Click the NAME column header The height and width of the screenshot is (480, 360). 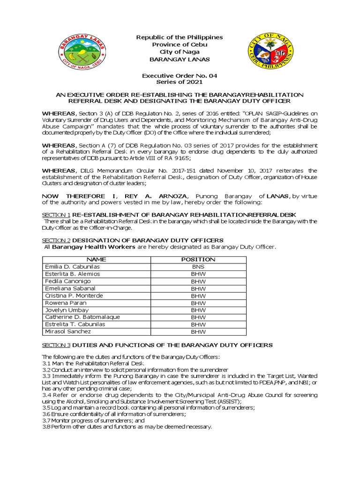point(97,259)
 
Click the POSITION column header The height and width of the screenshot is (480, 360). point(198,259)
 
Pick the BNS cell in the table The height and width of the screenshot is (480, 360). point(198,267)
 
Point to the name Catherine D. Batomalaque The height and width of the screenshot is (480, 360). point(82,317)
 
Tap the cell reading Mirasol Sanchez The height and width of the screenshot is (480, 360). point(67,331)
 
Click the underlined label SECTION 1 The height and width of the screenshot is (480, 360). point(56,214)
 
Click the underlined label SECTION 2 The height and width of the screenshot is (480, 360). point(56,240)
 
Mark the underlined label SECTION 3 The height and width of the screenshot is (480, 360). point(56,345)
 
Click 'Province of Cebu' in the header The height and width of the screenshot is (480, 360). point(179,45)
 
